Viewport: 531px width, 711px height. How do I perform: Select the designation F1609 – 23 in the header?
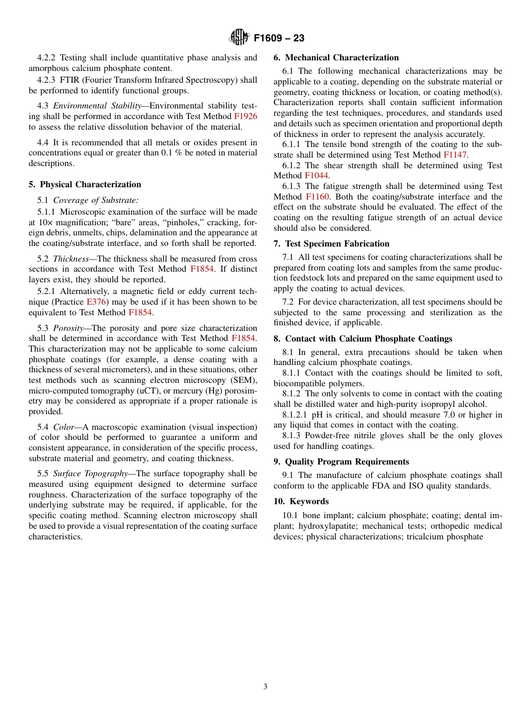(x=279, y=39)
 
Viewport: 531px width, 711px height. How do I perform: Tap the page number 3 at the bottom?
(x=265, y=687)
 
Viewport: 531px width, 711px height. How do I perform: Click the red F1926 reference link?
(x=245, y=116)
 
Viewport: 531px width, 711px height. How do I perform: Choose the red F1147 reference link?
(x=455, y=155)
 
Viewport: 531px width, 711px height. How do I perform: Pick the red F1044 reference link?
(x=316, y=176)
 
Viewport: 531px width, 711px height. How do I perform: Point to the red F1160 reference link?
(x=317, y=197)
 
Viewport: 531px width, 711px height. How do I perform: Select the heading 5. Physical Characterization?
(x=85, y=184)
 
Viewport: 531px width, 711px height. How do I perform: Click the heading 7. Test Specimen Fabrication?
(x=331, y=244)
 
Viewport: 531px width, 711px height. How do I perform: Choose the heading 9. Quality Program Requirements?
(x=341, y=462)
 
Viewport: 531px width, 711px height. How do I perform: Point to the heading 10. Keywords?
(x=301, y=501)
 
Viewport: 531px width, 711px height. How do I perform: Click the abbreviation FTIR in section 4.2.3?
(x=69, y=80)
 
